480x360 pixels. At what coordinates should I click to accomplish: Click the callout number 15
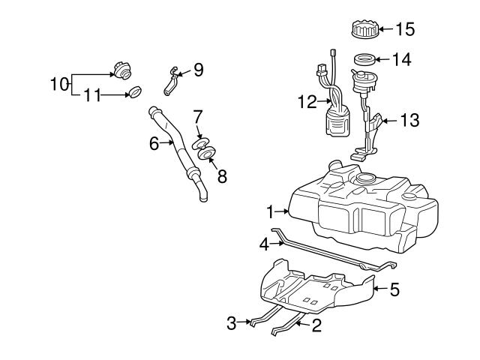tap(404, 30)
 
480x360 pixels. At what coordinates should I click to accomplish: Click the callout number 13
tap(409, 120)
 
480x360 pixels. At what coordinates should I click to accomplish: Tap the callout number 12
tap(307, 100)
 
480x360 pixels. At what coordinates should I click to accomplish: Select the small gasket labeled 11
tap(135, 93)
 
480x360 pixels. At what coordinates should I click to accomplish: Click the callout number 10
tap(59, 83)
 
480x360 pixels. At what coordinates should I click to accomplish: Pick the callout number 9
tap(198, 70)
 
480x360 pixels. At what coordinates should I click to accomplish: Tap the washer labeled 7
tap(201, 142)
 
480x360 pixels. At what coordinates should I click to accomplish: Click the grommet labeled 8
tap(206, 154)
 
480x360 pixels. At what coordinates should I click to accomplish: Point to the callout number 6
tap(154, 143)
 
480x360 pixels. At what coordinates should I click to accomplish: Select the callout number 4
tap(264, 244)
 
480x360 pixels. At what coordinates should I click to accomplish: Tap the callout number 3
tap(232, 323)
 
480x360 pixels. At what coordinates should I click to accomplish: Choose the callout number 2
tap(316, 325)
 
